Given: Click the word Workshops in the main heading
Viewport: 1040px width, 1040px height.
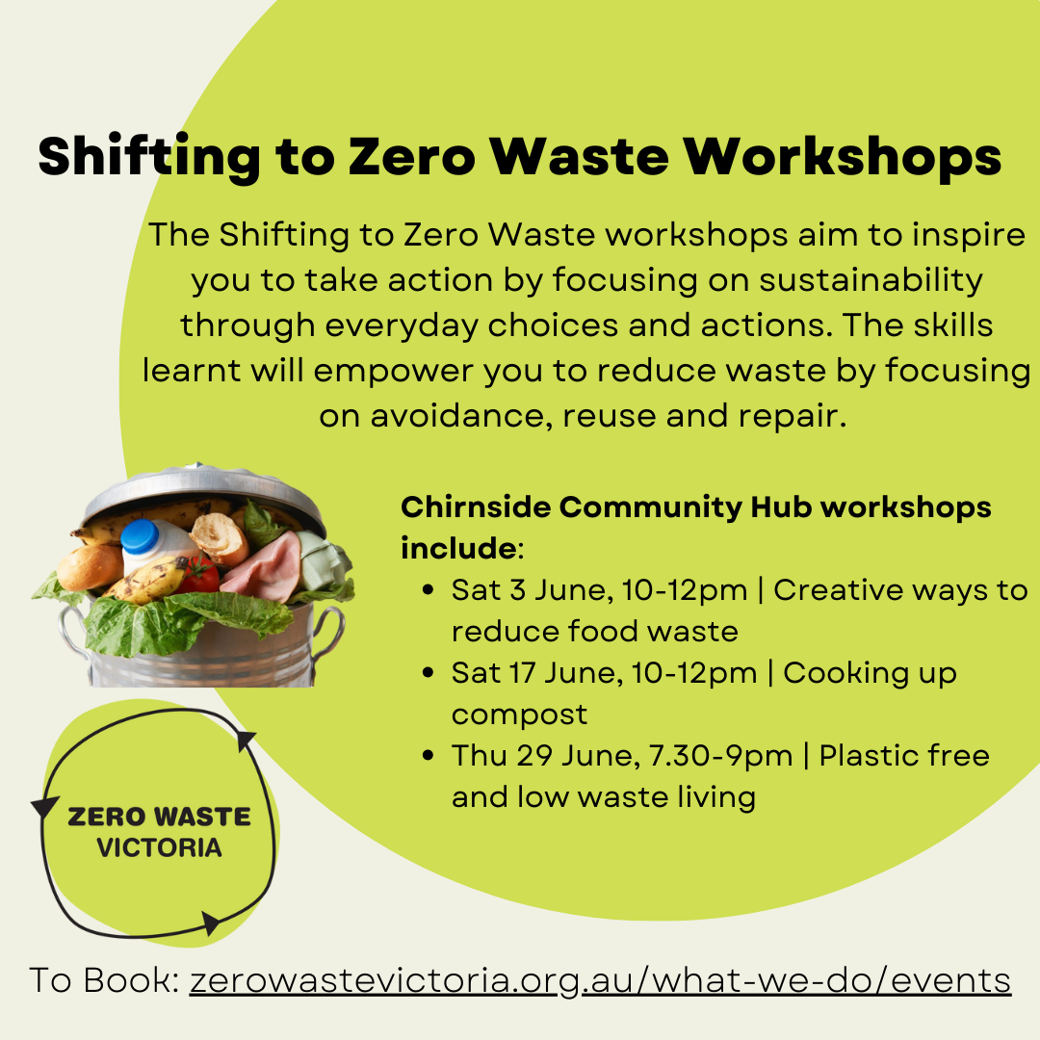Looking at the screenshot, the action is point(843,157).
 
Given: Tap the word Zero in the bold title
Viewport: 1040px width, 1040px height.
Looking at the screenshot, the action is point(412,157).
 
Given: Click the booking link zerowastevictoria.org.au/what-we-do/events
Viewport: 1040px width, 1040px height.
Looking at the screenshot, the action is point(600,981).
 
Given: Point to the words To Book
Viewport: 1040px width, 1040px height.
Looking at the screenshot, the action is point(104,980).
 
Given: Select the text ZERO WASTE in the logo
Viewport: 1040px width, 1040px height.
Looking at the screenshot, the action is point(159,818).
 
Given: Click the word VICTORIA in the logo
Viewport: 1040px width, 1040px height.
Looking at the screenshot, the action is point(159,847).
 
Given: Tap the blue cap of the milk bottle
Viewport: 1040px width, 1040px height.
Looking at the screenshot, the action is point(140,536).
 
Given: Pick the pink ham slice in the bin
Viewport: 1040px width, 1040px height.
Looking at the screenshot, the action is point(262,567).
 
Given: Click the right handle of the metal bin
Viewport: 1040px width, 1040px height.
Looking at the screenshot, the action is point(329,634).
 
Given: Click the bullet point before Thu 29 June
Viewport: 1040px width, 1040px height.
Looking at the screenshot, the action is point(428,756).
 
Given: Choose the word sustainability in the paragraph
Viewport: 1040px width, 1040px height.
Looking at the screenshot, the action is point(871,280).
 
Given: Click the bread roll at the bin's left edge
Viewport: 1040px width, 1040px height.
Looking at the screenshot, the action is point(90,567).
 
